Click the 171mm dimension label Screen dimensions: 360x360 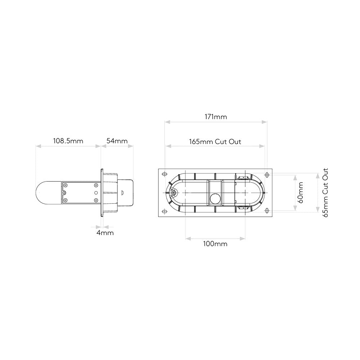click(216, 117)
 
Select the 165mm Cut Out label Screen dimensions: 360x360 click(215, 141)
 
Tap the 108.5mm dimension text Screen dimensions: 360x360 click(68, 141)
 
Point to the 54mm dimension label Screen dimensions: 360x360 click(117, 141)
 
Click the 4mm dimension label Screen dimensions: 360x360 click(105, 233)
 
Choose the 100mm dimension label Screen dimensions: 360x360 click(215, 244)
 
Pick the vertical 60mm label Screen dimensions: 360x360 click(300, 193)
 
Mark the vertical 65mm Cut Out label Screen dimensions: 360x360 click(325, 193)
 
